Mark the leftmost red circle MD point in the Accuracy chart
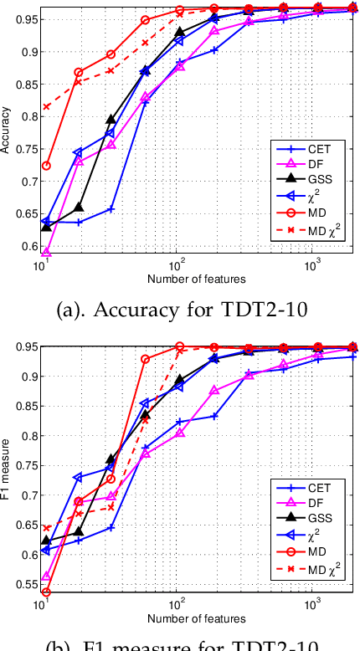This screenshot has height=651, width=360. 46,166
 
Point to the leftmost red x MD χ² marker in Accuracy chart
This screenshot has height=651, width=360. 46,107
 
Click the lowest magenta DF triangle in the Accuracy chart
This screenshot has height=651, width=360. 46,251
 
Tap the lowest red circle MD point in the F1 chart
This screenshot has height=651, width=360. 46,592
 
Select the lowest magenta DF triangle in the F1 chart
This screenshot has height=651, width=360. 46,577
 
